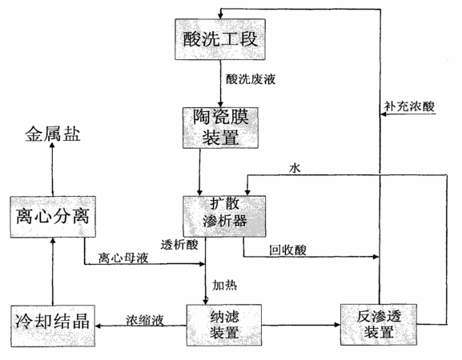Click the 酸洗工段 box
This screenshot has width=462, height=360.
(x=220, y=39)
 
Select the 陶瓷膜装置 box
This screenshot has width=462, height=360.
(x=220, y=128)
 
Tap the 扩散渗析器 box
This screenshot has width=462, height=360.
(x=224, y=216)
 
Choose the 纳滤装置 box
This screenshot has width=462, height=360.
(x=224, y=325)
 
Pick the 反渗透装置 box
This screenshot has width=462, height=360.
(x=379, y=325)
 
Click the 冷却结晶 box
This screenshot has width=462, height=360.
(x=53, y=326)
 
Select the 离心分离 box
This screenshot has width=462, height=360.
(x=53, y=217)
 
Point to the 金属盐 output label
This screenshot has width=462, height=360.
(x=53, y=134)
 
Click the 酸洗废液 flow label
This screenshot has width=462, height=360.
(x=251, y=79)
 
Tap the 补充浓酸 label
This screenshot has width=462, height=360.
(x=409, y=106)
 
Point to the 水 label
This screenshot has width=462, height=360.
(x=295, y=168)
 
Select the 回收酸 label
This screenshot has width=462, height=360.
(x=288, y=250)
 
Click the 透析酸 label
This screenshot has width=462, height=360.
(x=179, y=245)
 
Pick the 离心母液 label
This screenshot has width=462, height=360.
(x=123, y=258)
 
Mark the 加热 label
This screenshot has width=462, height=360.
(x=225, y=286)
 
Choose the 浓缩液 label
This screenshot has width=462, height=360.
(x=145, y=320)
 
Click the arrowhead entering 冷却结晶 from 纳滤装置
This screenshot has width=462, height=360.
(x=98, y=326)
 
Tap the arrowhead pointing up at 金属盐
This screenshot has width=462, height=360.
(x=53, y=146)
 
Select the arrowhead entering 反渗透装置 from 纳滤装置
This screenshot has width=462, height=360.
(x=337, y=325)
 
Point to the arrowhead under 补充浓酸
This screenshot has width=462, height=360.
(x=384, y=114)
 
